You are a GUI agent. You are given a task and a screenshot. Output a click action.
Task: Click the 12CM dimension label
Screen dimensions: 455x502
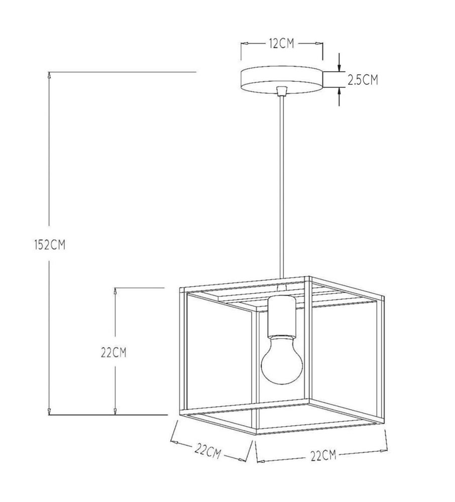[x=281, y=44]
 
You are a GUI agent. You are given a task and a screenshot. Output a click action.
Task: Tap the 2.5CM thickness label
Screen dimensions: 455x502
[x=363, y=80]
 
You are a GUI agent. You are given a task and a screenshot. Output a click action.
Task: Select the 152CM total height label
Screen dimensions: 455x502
[x=50, y=245]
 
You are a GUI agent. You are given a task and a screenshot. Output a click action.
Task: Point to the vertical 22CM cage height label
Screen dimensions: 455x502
[x=113, y=352]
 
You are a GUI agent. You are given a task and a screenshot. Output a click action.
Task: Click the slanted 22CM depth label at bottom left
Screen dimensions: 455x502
[x=207, y=451]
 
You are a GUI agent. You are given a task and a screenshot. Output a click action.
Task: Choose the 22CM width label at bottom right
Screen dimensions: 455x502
[x=323, y=455]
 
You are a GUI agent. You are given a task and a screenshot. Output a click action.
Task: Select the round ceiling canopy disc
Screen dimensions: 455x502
[x=281, y=80]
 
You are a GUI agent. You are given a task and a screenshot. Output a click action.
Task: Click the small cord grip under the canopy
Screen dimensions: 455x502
[x=281, y=90]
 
